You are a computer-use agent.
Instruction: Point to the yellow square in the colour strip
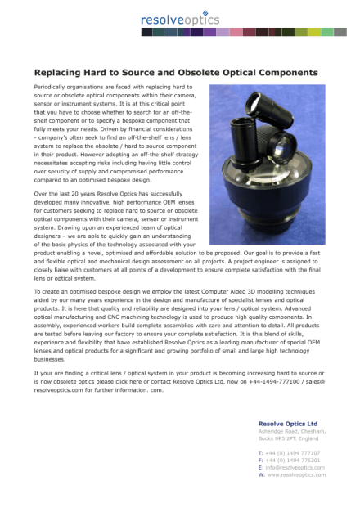[x=314, y=32]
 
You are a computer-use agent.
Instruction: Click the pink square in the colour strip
[x=236, y=32]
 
